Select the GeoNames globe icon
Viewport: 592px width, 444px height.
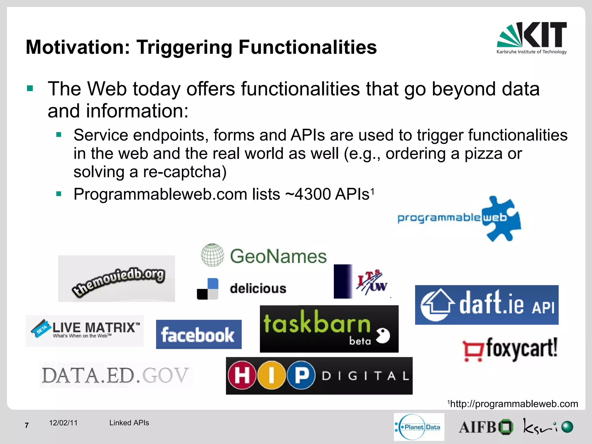tap(212, 255)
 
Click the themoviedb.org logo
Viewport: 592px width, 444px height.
tap(116, 279)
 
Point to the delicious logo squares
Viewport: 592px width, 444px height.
tap(208, 289)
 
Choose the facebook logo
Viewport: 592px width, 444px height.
tap(199, 334)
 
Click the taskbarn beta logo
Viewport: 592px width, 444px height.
tap(329, 329)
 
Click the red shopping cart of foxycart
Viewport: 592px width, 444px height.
tap(473, 351)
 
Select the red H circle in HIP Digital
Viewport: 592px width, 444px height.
tap(242, 375)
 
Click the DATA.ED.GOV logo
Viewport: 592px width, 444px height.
tap(115, 375)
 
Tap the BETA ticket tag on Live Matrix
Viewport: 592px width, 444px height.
tap(41, 328)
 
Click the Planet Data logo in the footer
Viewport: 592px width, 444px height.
tap(419, 427)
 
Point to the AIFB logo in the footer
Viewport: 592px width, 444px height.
tap(486, 427)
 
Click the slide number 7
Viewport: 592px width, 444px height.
tap(27, 425)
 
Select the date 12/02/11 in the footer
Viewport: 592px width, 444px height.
tap(63, 423)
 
